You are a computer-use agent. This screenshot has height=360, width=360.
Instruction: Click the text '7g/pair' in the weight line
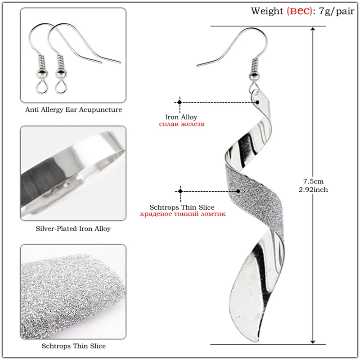tap(337, 11)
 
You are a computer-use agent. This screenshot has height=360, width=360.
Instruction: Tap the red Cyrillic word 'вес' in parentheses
tap(299, 11)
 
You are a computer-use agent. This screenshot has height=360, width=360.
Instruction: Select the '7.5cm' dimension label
tap(313, 181)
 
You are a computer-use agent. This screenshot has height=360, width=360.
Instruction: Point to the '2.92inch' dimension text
tap(313, 189)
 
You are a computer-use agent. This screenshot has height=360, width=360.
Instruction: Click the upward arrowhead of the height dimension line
tap(313, 29)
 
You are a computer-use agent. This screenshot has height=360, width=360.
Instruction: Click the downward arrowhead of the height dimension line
tap(313, 342)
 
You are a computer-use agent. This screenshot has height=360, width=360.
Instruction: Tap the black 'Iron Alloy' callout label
tap(181, 117)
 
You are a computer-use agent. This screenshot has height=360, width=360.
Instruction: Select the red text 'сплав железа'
tap(181, 124)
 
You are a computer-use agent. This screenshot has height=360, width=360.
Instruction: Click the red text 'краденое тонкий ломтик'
tap(183, 214)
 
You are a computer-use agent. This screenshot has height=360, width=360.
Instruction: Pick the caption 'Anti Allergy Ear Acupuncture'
tap(73, 109)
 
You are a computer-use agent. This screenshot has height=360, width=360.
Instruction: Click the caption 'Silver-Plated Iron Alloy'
tap(73, 229)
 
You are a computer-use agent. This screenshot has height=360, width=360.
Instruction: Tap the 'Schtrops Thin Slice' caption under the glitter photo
tap(73, 346)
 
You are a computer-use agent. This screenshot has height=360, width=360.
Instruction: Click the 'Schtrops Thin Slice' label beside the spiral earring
tap(182, 207)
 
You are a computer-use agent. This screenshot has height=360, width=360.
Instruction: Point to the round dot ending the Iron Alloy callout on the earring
tap(257, 103)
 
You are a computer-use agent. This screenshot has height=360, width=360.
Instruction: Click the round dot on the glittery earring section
tap(238, 191)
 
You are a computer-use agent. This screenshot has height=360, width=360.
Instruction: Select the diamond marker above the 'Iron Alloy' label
tap(180, 102)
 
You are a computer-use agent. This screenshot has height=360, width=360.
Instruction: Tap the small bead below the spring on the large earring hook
tap(254, 76)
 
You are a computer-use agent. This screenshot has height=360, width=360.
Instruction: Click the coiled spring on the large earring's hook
tap(255, 65)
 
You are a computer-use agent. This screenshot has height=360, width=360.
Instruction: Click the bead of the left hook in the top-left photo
tap(42, 73)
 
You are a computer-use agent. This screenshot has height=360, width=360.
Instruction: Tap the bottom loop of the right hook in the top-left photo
tap(61, 87)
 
